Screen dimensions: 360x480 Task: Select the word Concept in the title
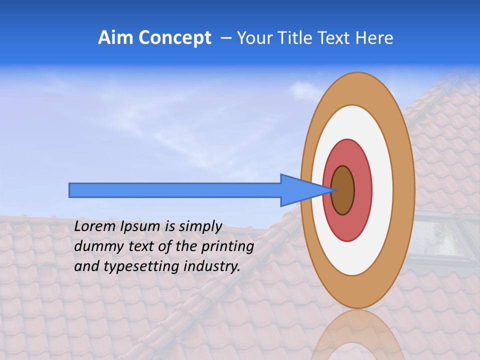coord(175,38)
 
